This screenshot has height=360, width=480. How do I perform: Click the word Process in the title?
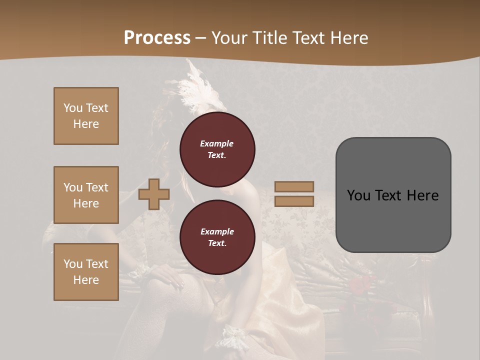tap(157, 37)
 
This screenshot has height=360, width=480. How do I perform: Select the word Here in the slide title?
tap(348, 38)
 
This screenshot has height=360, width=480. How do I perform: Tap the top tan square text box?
tap(86, 116)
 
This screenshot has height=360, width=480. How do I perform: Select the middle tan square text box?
tap(86, 195)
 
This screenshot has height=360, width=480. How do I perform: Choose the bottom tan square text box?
tap(86, 272)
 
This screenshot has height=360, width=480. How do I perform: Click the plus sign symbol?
tap(154, 194)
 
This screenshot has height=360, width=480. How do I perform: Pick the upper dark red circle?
tap(217, 149)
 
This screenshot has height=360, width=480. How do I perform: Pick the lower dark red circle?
tap(217, 237)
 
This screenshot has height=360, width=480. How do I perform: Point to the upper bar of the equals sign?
tap(294, 187)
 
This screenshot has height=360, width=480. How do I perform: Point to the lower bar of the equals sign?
tap(294, 201)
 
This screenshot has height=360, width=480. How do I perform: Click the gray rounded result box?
tap(393, 220)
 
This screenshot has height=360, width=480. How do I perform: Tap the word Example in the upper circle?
tap(217, 143)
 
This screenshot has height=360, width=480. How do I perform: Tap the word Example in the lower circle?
tap(217, 231)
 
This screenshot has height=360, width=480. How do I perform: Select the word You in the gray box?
tap(358, 195)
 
